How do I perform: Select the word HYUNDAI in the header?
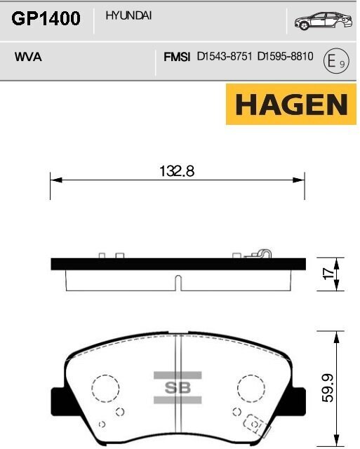[128, 15]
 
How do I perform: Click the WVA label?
[28, 58]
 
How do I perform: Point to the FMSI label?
[177, 58]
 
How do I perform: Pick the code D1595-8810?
[285, 58]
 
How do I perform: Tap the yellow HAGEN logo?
[291, 105]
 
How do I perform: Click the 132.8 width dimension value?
[177, 170]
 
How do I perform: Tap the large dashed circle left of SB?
[107, 388]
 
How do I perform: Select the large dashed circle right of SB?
[251, 388]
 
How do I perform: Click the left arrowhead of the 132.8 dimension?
[53, 180]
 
